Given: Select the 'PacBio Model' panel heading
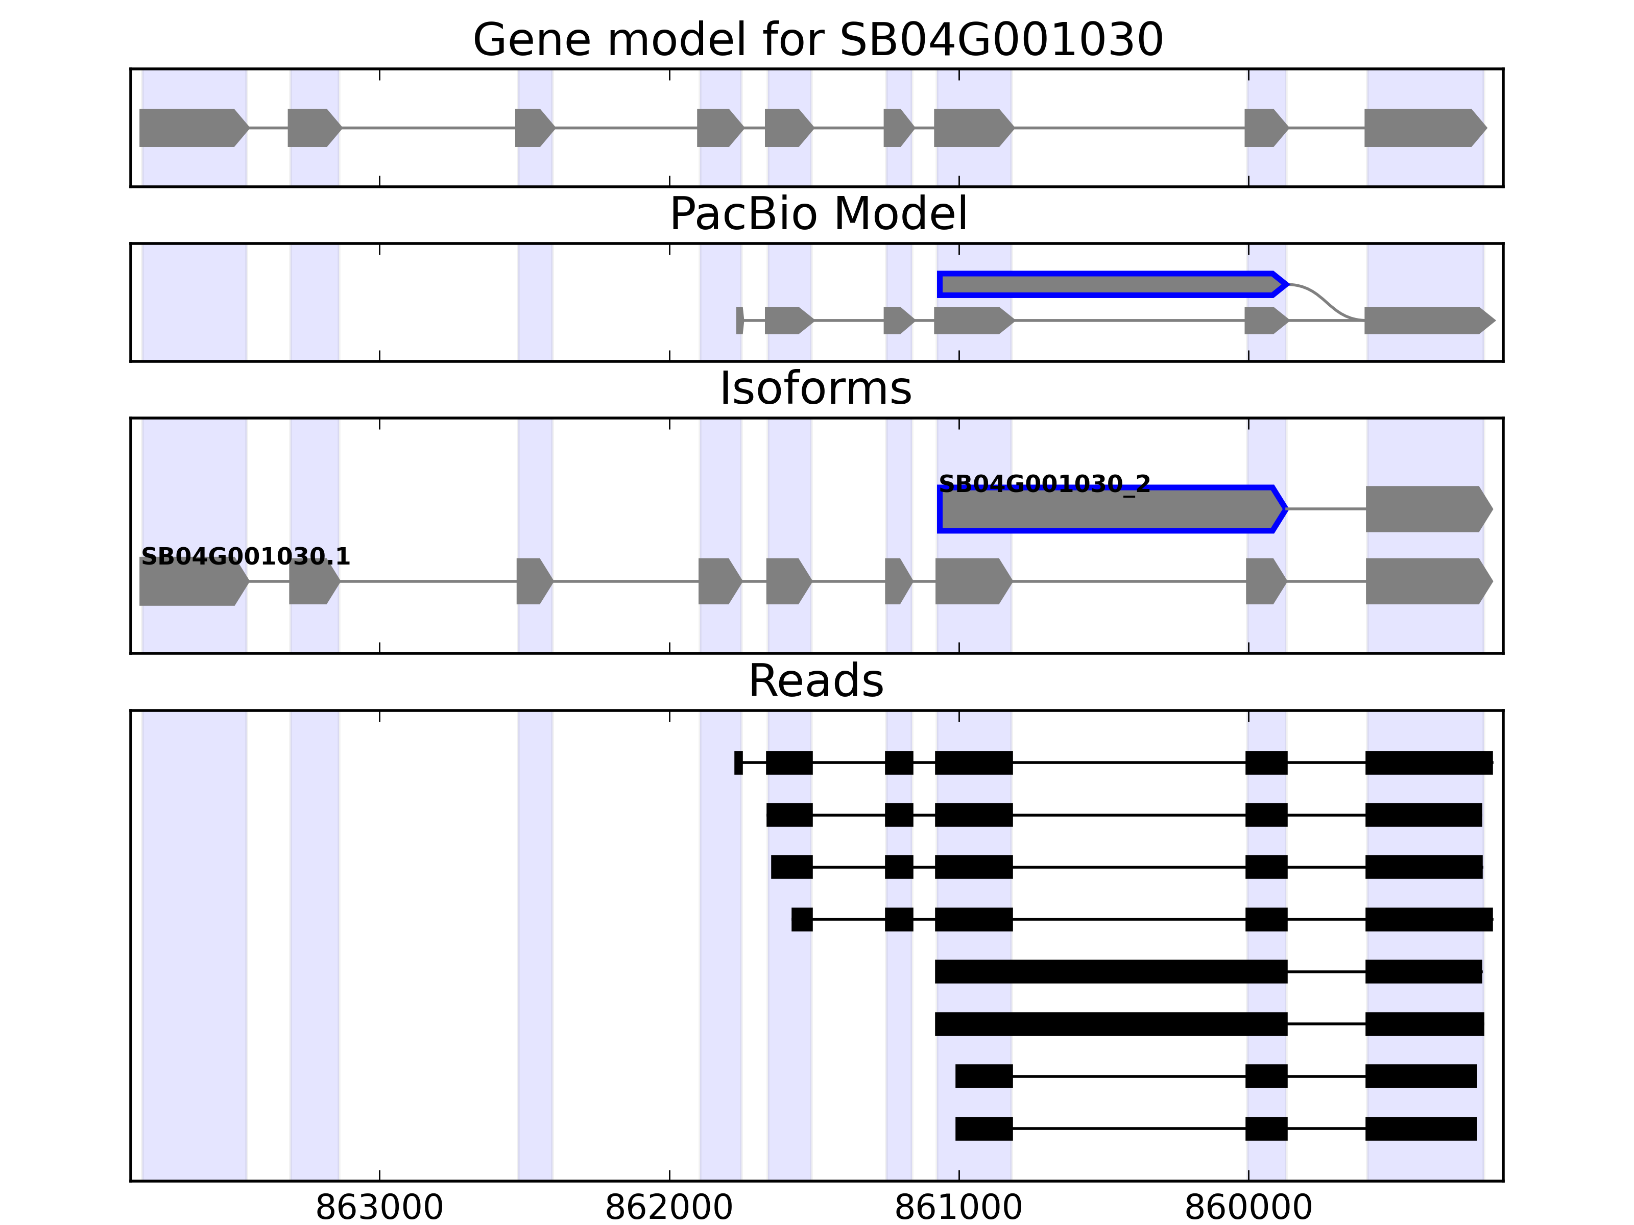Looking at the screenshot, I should [817, 214].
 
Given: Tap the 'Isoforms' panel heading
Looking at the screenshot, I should [815, 388].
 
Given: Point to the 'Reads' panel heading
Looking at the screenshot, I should [815, 681].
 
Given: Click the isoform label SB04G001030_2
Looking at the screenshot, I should [1044, 484].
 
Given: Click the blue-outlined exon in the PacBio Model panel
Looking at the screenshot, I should [1108, 284].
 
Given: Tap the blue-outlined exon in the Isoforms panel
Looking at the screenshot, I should [1108, 509].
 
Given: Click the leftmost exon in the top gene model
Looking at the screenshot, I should [192, 128].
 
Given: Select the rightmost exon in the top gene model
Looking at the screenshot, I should [1422, 128].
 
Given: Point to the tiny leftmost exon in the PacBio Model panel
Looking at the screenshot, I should [739, 321].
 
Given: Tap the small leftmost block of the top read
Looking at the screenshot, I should [738, 763].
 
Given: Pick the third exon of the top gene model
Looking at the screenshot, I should [533, 128].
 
